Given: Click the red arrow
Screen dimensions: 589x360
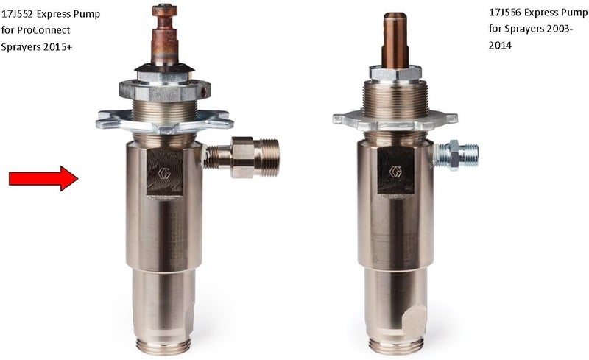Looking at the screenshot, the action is click(x=43, y=178).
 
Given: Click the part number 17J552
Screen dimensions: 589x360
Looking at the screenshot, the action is click(x=16, y=14).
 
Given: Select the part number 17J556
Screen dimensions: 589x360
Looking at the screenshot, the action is click(x=504, y=13).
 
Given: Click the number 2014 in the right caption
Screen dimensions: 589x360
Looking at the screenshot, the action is click(x=500, y=46).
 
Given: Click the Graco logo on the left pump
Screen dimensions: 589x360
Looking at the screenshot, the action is click(x=164, y=173).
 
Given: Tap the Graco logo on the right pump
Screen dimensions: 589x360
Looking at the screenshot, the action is click(x=395, y=172).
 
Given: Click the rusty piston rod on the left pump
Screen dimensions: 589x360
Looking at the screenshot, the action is click(x=164, y=35).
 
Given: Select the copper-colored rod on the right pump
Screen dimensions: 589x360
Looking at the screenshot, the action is click(x=395, y=40).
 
